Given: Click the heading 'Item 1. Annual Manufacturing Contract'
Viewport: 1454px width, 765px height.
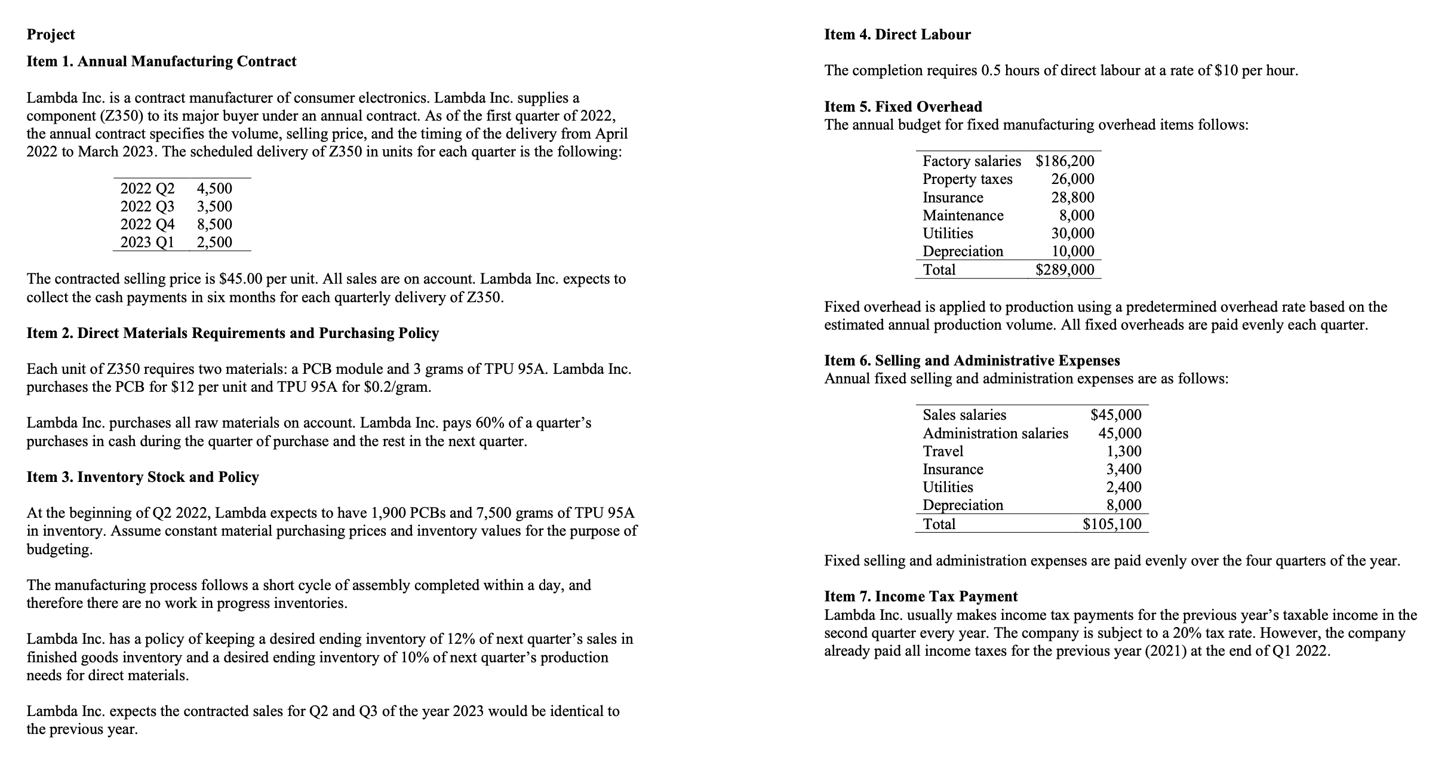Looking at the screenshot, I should click(161, 62).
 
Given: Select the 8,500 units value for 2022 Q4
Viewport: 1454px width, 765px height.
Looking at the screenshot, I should click(214, 225).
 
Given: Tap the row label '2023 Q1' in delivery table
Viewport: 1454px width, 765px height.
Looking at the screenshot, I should click(147, 242).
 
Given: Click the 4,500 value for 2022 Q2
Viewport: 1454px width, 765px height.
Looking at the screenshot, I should click(214, 189).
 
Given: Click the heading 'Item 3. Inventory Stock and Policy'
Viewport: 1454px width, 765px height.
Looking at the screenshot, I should click(143, 477).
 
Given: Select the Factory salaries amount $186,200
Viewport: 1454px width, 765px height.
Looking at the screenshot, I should click(1065, 161).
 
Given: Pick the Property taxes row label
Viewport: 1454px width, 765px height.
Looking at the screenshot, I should click(967, 179).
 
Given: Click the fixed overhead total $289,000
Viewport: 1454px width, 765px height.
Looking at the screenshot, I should click(1065, 270).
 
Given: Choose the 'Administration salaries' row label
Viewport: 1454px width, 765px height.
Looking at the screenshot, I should click(995, 434).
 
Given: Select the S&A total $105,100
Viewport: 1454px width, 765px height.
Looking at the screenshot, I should click(1112, 524).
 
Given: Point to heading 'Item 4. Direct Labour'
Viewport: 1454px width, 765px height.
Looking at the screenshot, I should click(897, 35).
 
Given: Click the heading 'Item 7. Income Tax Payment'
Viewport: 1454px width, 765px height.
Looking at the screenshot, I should click(921, 597).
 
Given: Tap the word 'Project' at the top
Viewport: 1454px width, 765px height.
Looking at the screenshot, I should click(51, 35).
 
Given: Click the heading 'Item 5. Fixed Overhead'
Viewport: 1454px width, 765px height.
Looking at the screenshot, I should click(903, 107).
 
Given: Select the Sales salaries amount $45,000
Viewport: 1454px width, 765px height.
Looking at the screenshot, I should click(1115, 415).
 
